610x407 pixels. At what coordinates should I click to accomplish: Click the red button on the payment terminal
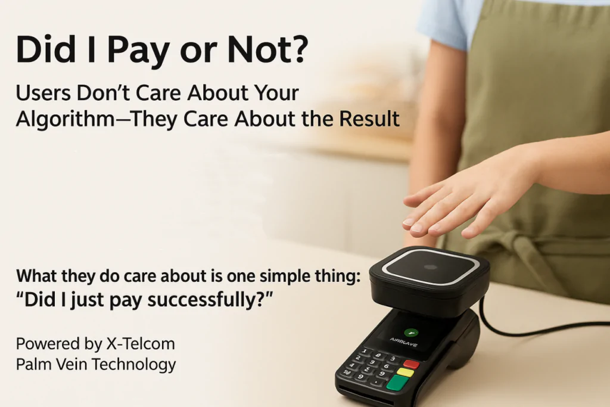coord(411,364)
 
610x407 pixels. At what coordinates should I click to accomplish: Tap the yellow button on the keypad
coord(405,372)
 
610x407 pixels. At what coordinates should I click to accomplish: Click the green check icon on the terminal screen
coord(411,333)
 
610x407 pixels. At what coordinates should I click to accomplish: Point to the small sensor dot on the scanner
coord(430,268)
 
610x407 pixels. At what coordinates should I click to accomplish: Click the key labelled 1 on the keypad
coord(364,352)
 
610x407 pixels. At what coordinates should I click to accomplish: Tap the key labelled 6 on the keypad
coord(386,366)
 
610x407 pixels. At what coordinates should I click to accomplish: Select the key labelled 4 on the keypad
coord(351,365)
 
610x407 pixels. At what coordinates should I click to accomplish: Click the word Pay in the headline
coord(138,51)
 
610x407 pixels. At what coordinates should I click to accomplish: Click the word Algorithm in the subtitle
coord(65,119)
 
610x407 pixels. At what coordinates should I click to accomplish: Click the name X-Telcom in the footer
coord(141,344)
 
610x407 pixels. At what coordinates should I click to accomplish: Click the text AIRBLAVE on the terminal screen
coord(404,343)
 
